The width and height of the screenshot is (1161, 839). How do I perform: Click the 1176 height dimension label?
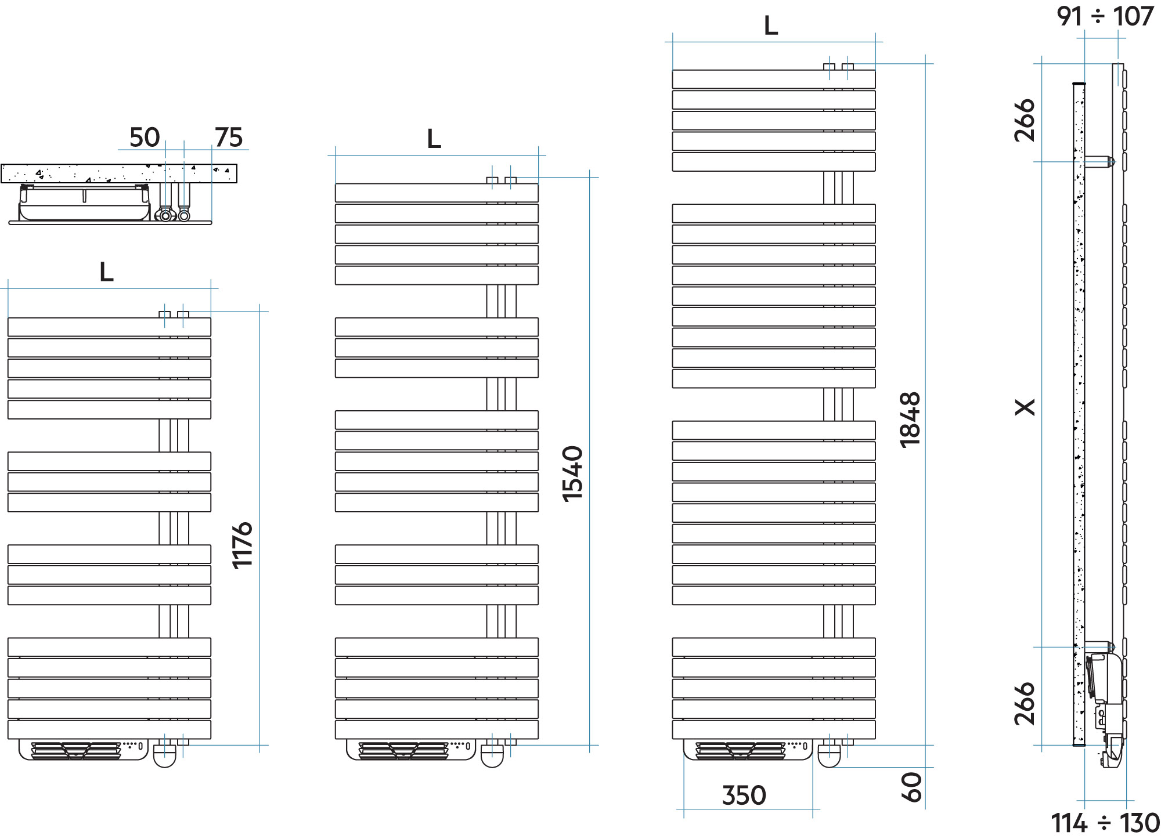tap(242, 545)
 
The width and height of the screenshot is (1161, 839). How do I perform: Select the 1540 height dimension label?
tap(572, 473)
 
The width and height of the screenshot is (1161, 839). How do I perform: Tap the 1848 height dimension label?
tap(910, 420)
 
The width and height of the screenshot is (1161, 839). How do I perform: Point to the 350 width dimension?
tap(744, 795)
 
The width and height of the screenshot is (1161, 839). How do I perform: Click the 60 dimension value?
tap(911, 787)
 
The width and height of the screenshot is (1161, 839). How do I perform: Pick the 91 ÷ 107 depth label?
tap(1105, 16)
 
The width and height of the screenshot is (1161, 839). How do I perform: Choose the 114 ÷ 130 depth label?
tap(1105, 823)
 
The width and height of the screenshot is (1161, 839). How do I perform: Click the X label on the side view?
tap(1025, 407)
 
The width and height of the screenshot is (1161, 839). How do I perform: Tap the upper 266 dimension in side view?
tap(1025, 120)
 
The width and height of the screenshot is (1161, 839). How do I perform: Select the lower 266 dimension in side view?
tap(1025, 703)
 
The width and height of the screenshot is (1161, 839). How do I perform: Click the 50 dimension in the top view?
tap(145, 138)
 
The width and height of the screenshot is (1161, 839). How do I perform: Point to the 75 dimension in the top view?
tap(229, 138)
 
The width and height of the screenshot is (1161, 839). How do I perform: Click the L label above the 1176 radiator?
tap(106, 272)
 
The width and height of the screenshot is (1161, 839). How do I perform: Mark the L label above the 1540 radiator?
tap(434, 139)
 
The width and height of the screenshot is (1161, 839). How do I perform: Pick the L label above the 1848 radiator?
tap(771, 26)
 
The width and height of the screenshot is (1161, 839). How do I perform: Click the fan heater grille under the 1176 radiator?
tap(76, 750)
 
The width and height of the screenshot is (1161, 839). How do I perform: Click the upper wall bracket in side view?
tap(1099, 162)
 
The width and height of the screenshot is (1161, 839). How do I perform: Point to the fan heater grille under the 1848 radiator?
tap(741, 750)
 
